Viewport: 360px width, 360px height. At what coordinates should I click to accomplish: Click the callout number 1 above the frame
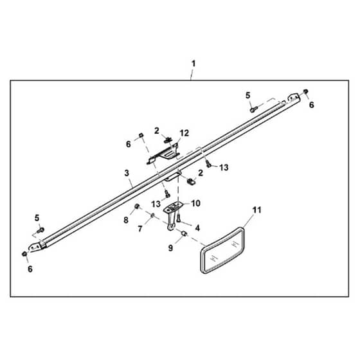click(194, 64)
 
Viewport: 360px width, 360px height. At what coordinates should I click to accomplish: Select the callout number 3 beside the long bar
click(127, 173)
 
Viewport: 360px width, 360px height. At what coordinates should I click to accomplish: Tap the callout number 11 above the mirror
click(257, 210)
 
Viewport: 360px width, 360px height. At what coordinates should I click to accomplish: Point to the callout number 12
click(184, 133)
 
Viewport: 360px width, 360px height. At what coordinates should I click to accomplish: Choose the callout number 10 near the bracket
click(195, 203)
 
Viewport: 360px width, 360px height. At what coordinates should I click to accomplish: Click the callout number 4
click(197, 228)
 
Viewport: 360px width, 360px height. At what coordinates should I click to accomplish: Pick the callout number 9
click(170, 248)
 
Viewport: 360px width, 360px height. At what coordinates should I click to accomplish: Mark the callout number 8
click(126, 220)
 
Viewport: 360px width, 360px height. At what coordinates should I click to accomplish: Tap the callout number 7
click(140, 229)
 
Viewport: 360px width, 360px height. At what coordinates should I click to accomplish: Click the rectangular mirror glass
click(222, 251)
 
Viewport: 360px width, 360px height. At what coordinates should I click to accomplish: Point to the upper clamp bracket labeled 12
click(163, 154)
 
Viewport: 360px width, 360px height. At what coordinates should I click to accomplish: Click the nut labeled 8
click(137, 206)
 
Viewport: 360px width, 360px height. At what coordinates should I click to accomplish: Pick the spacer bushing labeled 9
click(184, 234)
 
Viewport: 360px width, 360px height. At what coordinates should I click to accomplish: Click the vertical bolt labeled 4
click(179, 217)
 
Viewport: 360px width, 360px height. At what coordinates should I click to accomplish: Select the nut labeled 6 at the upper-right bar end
click(305, 91)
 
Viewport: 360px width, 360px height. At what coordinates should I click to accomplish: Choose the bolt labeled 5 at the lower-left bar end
click(41, 230)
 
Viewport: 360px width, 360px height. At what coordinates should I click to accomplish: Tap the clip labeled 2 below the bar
click(191, 181)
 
